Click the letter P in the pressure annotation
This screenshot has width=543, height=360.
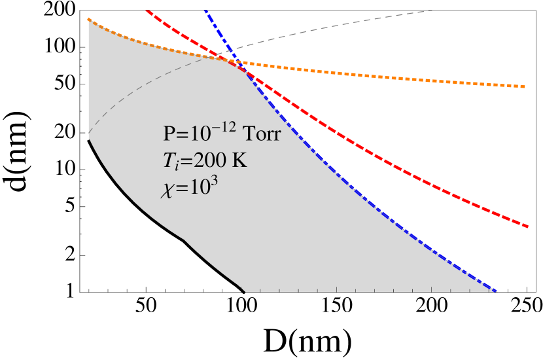click(x=168, y=135)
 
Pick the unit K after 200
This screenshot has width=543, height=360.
click(x=241, y=160)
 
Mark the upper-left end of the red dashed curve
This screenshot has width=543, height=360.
click(x=149, y=10)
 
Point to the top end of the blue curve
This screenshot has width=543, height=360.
click(x=206, y=10)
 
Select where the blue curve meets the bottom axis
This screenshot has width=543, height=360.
click(x=496, y=291)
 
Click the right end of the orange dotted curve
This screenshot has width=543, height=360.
click(x=526, y=86)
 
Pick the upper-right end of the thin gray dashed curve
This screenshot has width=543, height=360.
click(x=433, y=10)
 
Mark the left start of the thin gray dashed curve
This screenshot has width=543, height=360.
click(x=88, y=133)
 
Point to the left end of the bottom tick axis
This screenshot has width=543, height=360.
click(x=245, y=291)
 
